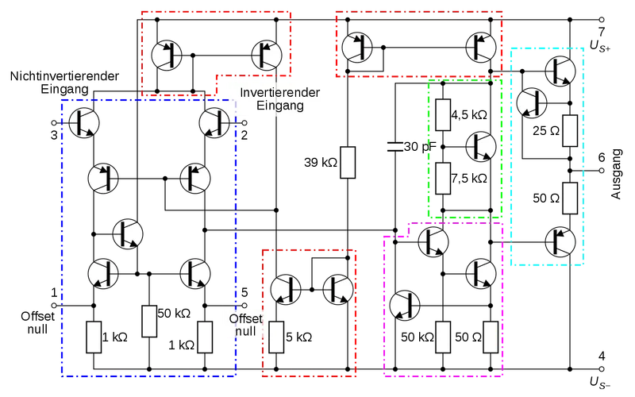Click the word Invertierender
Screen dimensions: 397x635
[280, 93]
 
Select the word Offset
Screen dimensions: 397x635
[244, 318]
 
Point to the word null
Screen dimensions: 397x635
[244, 331]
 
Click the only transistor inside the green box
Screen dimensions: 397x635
[482, 146]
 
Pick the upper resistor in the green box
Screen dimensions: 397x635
[443, 114]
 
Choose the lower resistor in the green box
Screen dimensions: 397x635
[443, 177]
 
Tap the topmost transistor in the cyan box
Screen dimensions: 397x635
[561, 71]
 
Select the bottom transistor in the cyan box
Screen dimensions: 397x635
[561, 242]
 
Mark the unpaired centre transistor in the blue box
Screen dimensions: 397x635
[127, 233]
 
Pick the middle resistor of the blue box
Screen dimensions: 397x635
[148, 321]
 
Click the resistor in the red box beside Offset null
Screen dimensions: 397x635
[276, 337]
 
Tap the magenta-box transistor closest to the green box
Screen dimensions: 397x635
[433, 241]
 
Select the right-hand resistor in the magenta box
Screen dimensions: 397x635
[491, 337]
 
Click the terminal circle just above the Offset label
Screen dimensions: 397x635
[244, 306]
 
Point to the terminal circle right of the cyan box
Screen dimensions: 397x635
[602, 169]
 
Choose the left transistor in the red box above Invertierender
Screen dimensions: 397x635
[167, 54]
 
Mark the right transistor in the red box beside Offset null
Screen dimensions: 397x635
[338, 289]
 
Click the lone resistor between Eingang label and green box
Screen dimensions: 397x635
[347, 162]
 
